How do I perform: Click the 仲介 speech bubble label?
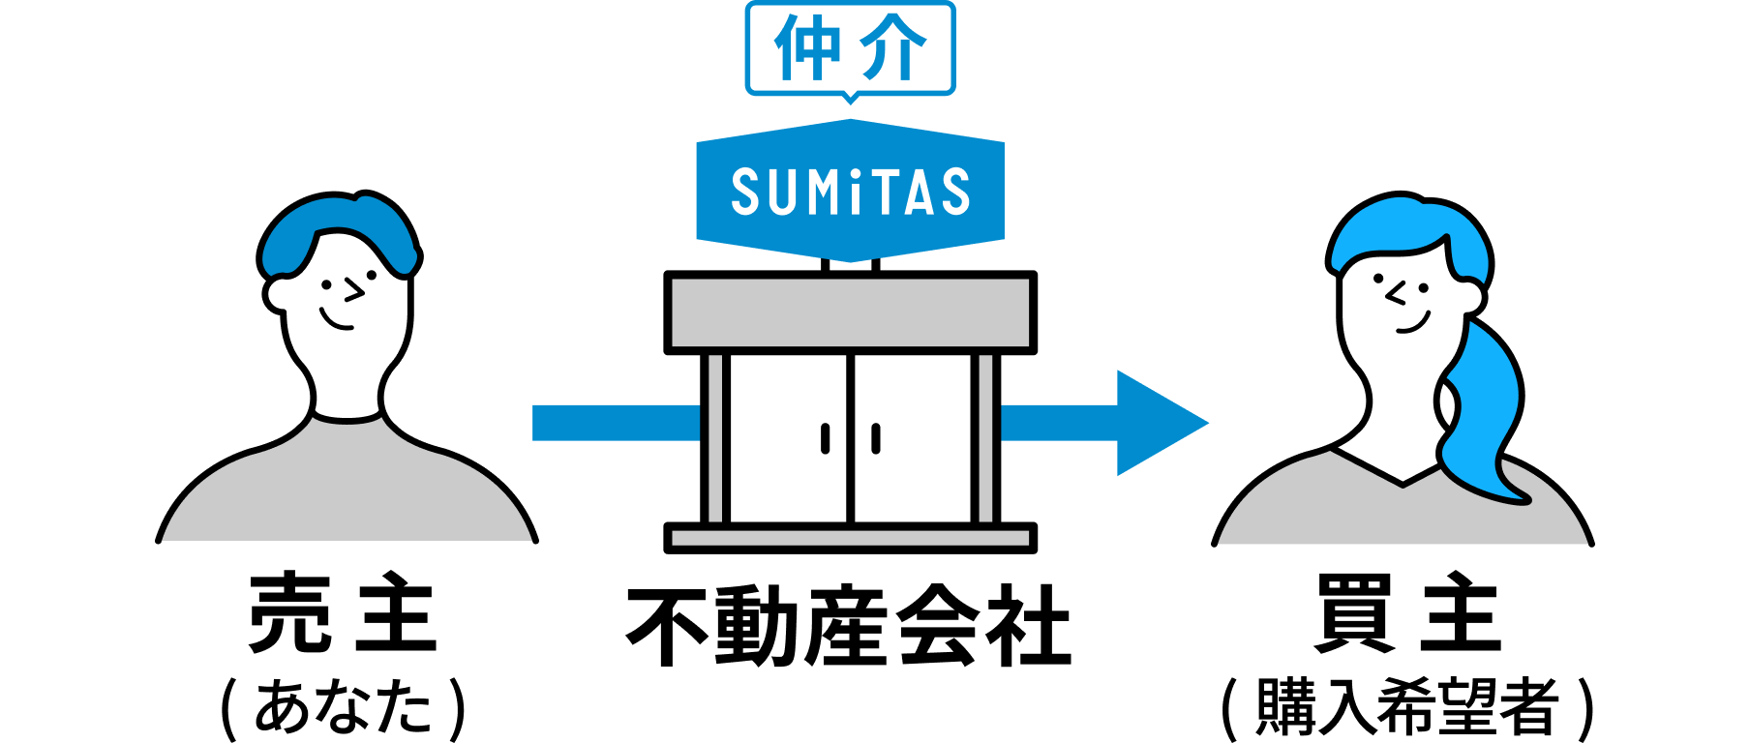point(851,48)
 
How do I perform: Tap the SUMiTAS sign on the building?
point(851,191)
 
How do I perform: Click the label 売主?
point(343,612)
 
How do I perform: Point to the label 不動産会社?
point(850,626)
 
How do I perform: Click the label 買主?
point(1407,612)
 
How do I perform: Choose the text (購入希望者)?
point(1407,708)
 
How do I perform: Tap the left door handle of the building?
point(826,438)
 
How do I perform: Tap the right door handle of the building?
point(876,438)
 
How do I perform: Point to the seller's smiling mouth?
point(336,319)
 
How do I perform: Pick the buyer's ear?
point(1470,296)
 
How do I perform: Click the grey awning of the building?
point(851,312)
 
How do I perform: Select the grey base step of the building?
point(851,538)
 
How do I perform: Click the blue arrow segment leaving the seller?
point(617,423)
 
